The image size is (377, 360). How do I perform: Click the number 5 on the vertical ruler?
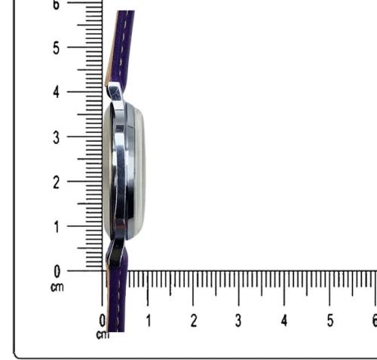pyautogui.click(x=57, y=48)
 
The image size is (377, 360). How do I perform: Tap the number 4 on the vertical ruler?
pyautogui.click(x=57, y=93)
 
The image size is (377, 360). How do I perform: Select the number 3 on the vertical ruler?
pyautogui.click(x=57, y=138)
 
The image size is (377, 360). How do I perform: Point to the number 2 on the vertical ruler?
pyautogui.click(x=57, y=182)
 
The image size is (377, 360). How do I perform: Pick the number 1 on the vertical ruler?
pyautogui.click(x=57, y=227)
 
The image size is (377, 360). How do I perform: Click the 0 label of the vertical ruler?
pyautogui.click(x=57, y=272)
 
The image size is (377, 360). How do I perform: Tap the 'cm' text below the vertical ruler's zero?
pyautogui.click(x=57, y=287)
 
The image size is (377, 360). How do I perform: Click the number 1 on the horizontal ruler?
pyautogui.click(x=149, y=321)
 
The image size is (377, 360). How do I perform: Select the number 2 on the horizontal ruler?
pyautogui.click(x=194, y=321)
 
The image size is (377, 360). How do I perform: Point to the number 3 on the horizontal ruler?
pyautogui.click(x=238, y=321)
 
